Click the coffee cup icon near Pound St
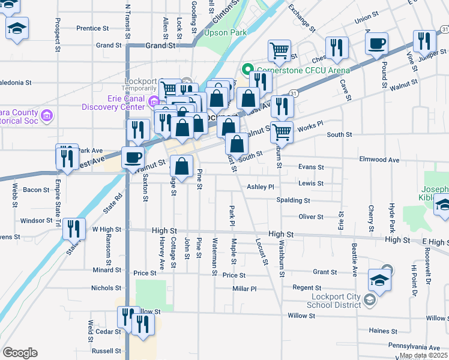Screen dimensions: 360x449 (377, 44)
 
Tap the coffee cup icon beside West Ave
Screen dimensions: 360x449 (133, 158)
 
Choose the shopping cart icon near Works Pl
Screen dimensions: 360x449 (282, 131)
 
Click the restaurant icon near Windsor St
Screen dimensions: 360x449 (74, 228)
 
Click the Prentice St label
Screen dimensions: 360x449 (92, 28)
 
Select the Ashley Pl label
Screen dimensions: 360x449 (261, 187)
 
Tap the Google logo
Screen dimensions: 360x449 (20, 353)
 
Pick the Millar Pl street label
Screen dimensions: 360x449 (244, 289)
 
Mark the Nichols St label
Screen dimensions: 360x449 (106, 288)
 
